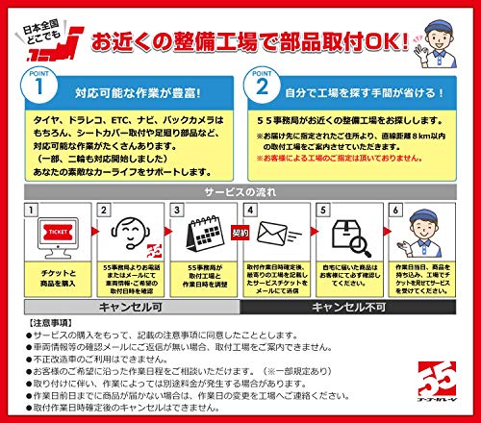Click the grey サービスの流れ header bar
click(240, 191)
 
